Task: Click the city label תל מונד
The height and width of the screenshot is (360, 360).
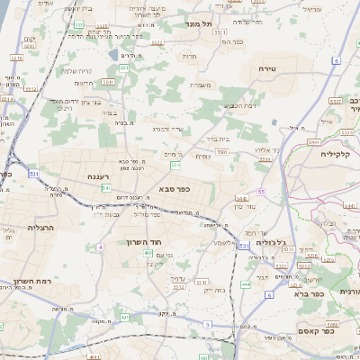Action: point(198,23)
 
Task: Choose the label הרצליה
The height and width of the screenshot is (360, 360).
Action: point(40,228)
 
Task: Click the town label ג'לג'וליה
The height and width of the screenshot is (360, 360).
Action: point(269,242)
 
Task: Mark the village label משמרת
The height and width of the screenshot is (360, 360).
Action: point(200,85)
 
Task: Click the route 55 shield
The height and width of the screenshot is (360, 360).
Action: point(260,192)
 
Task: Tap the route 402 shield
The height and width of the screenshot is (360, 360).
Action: point(148,253)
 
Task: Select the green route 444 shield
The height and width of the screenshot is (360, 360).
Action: point(246,284)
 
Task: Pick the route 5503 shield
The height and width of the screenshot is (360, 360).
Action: point(221,153)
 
